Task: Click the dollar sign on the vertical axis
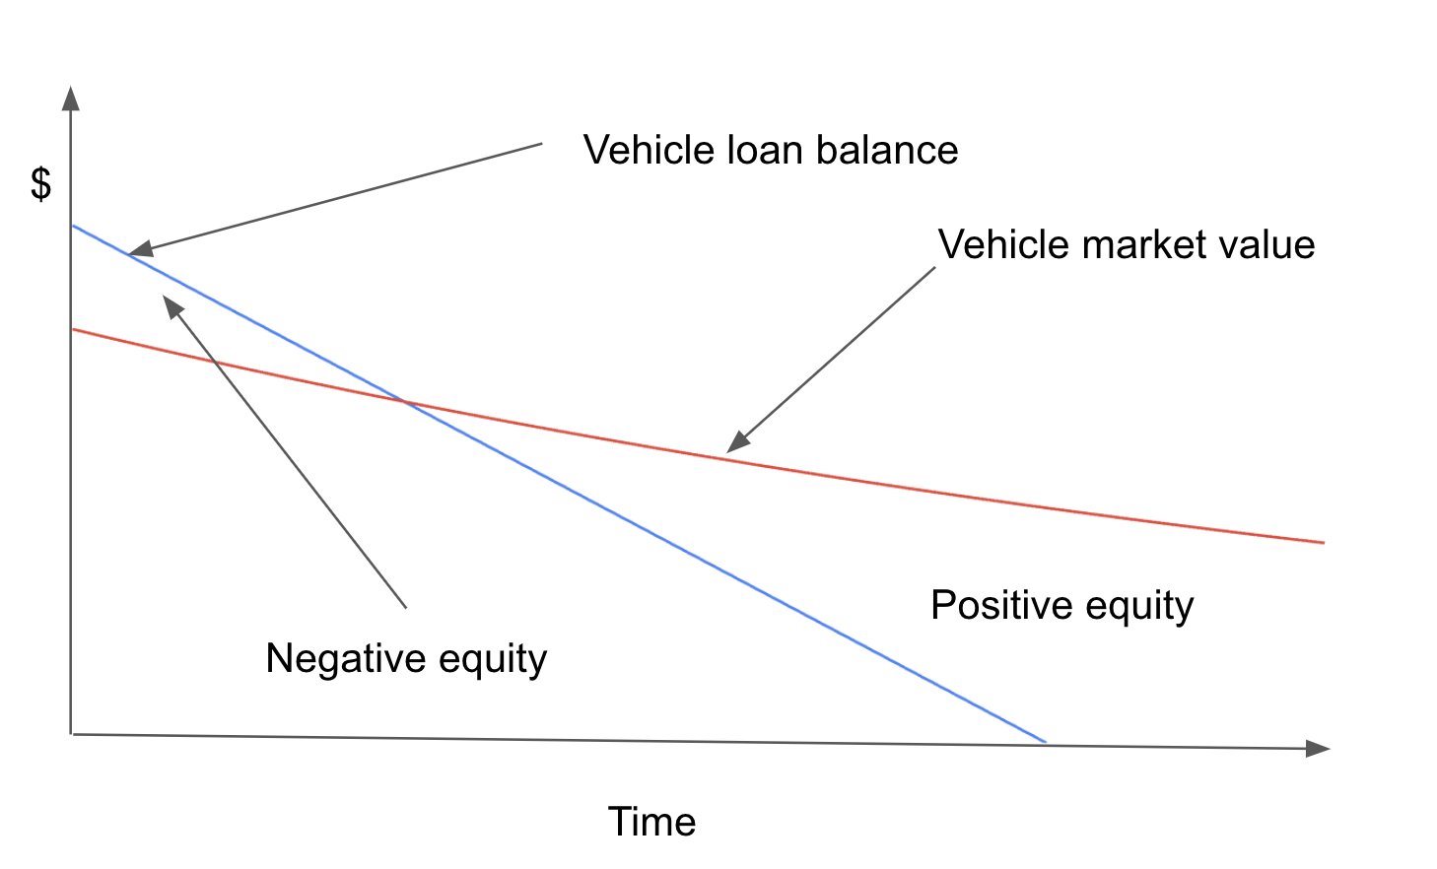(40, 184)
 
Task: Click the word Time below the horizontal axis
(651, 822)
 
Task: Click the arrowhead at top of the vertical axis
(70, 97)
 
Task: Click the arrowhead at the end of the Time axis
(1318, 749)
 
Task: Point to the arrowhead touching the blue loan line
(139, 250)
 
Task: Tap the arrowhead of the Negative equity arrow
(172, 305)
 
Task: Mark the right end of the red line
(1323, 542)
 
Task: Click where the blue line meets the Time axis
(1045, 742)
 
